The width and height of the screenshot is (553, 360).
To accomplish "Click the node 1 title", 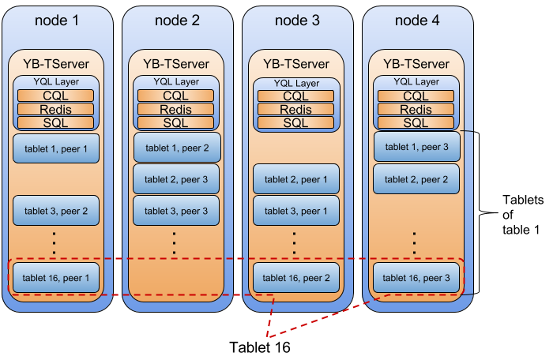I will (57, 21).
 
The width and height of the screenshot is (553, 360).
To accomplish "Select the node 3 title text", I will (297, 21).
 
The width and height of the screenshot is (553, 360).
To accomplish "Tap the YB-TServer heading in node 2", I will (176, 64).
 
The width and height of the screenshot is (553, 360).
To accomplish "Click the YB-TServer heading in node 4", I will (416, 64).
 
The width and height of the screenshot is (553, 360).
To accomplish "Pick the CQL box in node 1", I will (55, 96).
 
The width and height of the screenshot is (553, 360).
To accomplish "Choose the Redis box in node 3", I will (295, 110).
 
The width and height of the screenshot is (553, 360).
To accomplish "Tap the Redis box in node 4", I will (416, 110).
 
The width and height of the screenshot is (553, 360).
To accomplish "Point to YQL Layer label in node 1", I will (55, 81).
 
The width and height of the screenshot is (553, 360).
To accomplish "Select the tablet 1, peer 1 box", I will (55, 148).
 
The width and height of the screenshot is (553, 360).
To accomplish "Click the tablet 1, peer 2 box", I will (176, 148).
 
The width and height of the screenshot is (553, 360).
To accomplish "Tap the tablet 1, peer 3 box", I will (416, 147).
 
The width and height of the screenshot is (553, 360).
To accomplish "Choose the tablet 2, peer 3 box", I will (176, 179).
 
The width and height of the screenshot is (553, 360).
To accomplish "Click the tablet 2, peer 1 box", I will (296, 179).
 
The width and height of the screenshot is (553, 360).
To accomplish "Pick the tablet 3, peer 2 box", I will (55, 211).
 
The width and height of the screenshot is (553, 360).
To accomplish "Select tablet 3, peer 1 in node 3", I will (296, 211).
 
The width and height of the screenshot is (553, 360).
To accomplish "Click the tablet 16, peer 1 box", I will (55, 278).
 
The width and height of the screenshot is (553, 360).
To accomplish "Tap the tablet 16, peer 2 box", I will (296, 278).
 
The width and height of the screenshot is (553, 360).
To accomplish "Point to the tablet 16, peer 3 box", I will (416, 278).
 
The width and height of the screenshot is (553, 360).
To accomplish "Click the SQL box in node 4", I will (416, 122).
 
